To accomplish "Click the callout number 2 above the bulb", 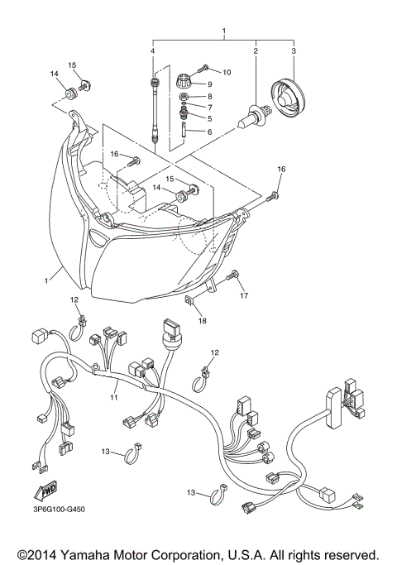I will click(256, 52).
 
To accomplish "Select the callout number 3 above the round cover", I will click(293, 52).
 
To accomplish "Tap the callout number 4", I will click(153, 52).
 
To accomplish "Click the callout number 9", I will click(210, 84).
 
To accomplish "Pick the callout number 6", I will click(210, 132).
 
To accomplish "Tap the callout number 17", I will click(244, 294).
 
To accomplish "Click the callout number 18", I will click(202, 322).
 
